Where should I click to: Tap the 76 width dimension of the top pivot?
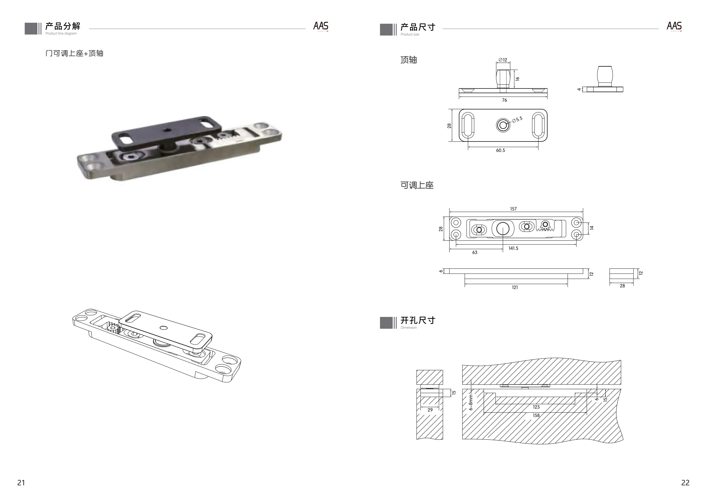pos(504,100)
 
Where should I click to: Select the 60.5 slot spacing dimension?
pos(500,150)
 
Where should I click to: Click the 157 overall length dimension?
pos(513,209)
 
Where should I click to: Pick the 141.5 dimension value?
pos(513,248)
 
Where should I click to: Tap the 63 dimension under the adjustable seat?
pos(475,252)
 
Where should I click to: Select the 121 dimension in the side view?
pos(515,287)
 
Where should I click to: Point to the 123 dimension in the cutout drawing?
pos(536,407)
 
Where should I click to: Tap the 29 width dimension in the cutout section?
pos(430,410)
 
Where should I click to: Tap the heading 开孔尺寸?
pos(418,320)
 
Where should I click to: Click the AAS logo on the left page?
pos(321,26)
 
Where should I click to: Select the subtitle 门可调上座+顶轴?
pos(74,53)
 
